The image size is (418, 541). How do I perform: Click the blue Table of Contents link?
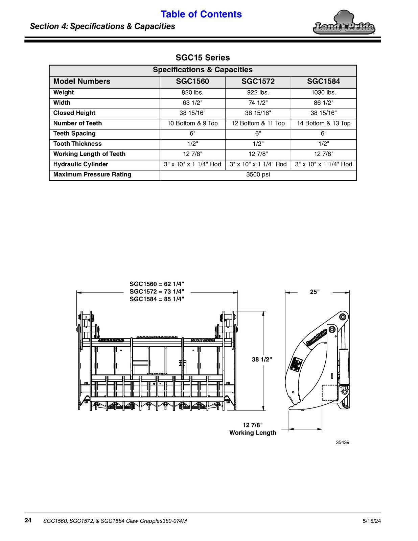pos(201,14)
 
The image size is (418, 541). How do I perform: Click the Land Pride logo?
pos(344,23)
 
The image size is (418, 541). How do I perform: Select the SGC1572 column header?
pos(258,81)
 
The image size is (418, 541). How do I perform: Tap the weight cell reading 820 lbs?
pos(192,93)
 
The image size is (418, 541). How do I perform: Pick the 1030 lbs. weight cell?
pos(324,93)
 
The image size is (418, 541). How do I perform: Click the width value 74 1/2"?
pos(258,103)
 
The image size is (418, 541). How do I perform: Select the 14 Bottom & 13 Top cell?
pos(324,123)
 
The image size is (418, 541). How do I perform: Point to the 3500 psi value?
pos(258,174)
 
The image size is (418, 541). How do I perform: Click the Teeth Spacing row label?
pos(74,134)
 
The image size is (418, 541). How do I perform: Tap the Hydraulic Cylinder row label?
pos(81,164)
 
